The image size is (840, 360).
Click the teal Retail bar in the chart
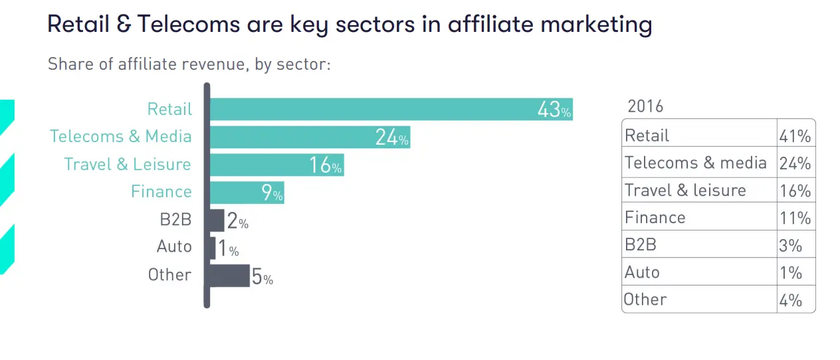(372, 109)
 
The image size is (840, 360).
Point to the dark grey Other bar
(230, 275)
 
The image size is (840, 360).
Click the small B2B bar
(217, 220)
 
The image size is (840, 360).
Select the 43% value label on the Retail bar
(554, 110)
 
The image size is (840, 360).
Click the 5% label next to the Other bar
(262, 277)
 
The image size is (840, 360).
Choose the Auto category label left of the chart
(174, 246)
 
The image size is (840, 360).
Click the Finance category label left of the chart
(161, 192)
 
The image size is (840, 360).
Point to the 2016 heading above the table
(645, 106)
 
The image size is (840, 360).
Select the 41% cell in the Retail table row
(795, 136)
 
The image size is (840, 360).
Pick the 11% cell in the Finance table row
(795, 218)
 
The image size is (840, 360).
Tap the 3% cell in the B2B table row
(790, 245)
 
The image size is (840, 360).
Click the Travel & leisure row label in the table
(685, 191)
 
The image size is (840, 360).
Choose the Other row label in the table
(645, 300)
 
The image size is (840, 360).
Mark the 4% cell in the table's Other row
(790, 300)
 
